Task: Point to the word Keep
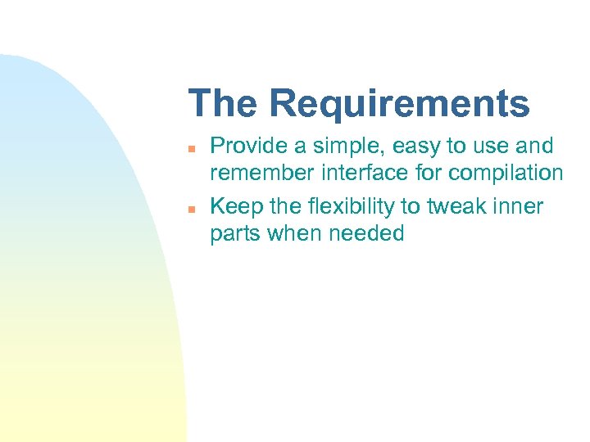point(233,206)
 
